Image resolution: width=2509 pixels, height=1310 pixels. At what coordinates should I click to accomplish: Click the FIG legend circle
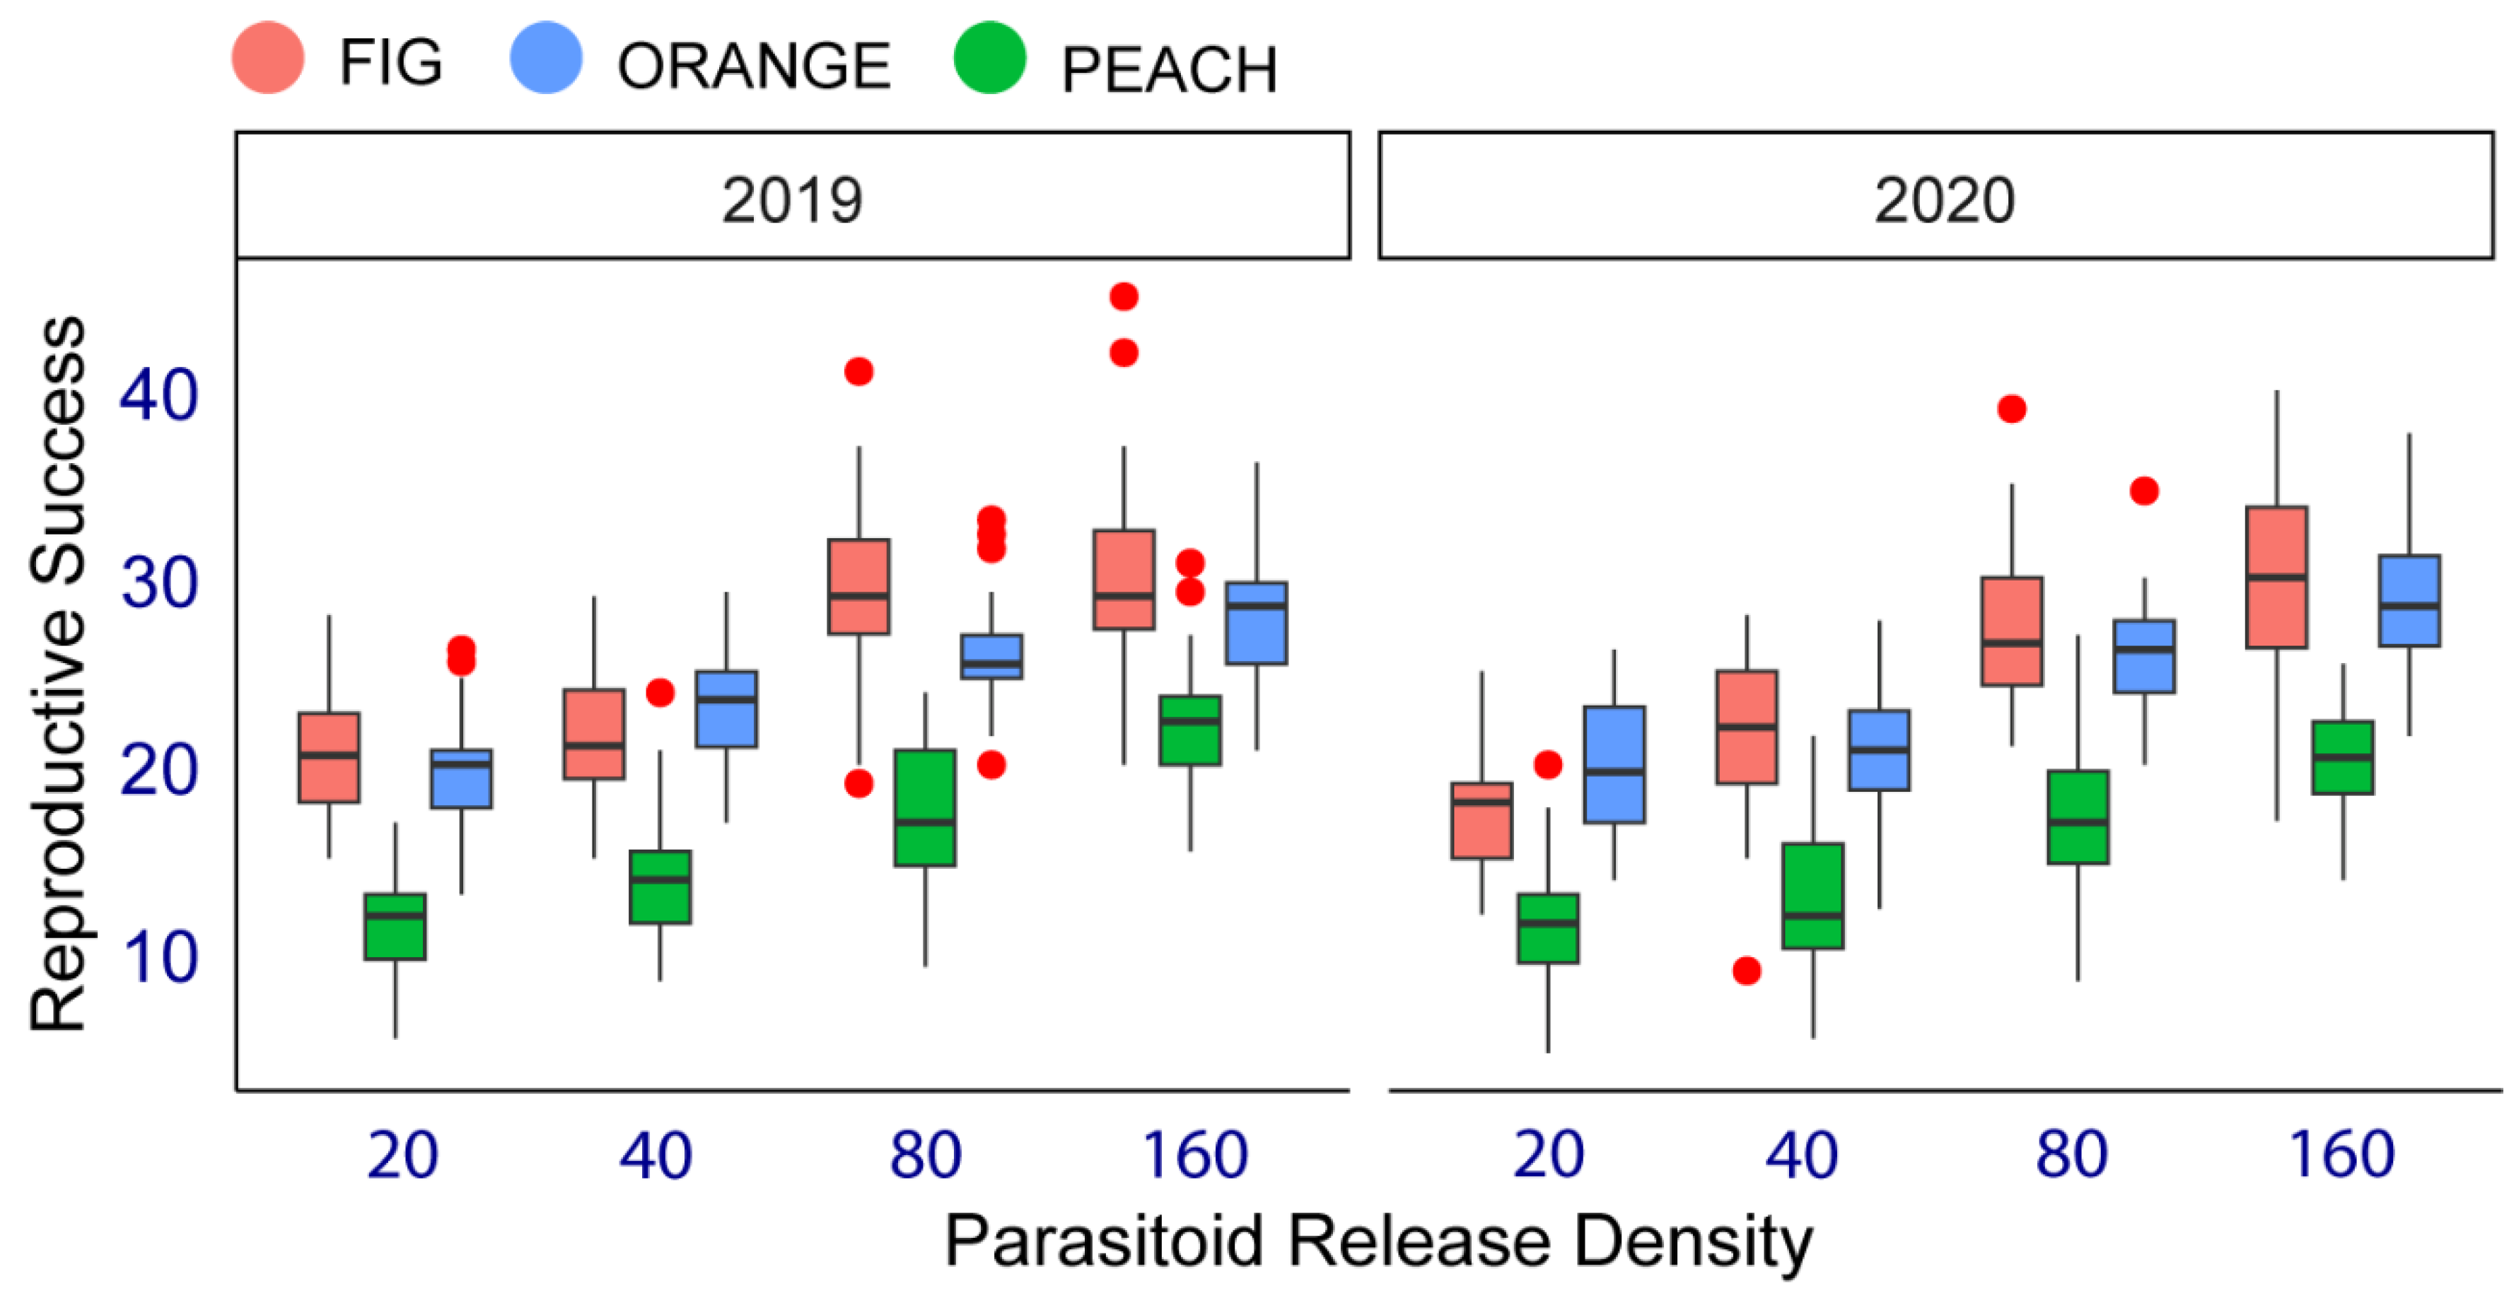tap(268, 59)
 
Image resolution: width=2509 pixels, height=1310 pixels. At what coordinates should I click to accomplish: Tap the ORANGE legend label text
tap(754, 66)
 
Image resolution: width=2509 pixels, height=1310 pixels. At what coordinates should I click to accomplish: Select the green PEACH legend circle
tap(989, 59)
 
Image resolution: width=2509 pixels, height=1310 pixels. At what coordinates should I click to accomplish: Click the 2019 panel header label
tap(792, 199)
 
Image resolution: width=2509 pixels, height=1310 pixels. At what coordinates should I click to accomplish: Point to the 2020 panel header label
tap(1944, 199)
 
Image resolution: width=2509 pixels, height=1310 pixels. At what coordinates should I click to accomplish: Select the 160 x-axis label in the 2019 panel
tap(1194, 1155)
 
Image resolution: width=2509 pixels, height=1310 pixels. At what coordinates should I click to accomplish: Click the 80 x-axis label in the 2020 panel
tap(2072, 1155)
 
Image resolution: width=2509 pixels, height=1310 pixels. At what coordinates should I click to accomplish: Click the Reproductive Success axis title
tap(59, 672)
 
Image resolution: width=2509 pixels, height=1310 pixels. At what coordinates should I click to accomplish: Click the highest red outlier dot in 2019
tap(1124, 296)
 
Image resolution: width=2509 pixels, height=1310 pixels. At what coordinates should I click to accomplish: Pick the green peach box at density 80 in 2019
tap(925, 807)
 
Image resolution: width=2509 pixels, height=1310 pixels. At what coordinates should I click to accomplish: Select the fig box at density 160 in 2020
tap(2276, 577)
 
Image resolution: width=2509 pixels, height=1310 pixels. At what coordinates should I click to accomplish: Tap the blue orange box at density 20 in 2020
tap(1614, 764)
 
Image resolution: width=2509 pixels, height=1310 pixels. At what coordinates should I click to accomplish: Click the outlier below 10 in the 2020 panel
tap(1747, 971)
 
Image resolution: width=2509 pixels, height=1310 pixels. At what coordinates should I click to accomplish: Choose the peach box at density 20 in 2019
tap(395, 926)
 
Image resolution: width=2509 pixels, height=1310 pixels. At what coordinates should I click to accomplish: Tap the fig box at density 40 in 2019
tap(594, 735)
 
